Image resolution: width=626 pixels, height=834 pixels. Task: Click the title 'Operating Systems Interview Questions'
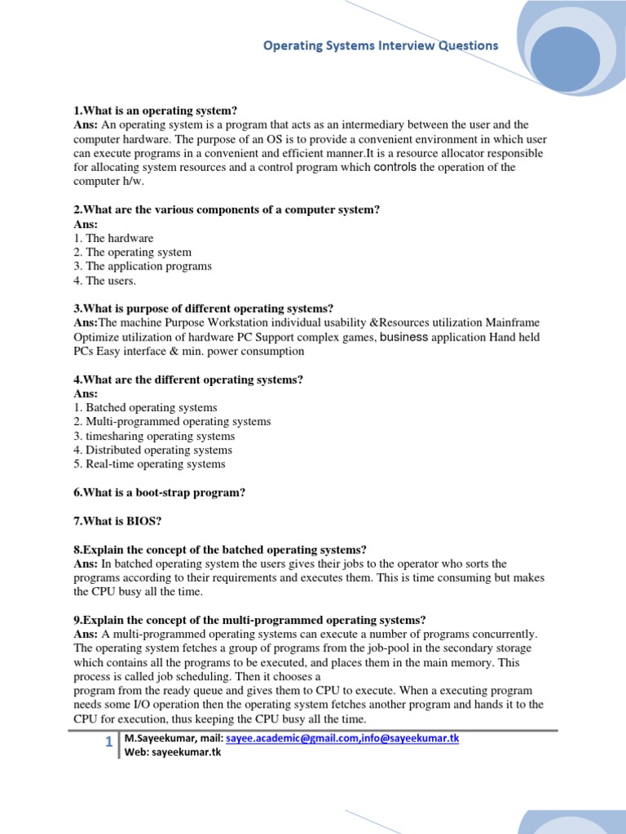[x=380, y=46]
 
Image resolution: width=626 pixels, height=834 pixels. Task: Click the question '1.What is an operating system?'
[x=155, y=111]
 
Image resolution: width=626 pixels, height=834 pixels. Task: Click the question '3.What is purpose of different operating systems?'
[x=203, y=309]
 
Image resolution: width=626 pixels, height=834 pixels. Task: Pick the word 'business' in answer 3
[x=403, y=337]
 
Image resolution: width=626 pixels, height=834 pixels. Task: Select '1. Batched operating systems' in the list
[x=145, y=407]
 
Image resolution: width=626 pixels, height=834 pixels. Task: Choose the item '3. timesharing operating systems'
[x=154, y=436]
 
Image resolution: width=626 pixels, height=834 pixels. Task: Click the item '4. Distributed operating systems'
[x=152, y=450]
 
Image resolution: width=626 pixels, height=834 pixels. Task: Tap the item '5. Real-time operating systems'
[x=149, y=464]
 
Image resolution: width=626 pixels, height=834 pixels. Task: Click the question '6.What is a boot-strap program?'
[x=159, y=493]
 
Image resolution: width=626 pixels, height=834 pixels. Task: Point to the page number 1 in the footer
[x=108, y=743]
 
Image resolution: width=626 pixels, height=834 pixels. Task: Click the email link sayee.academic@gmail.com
[x=281, y=738]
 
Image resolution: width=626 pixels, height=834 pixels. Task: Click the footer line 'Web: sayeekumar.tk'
[x=172, y=752]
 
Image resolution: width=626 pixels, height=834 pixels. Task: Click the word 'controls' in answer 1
[x=395, y=167]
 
